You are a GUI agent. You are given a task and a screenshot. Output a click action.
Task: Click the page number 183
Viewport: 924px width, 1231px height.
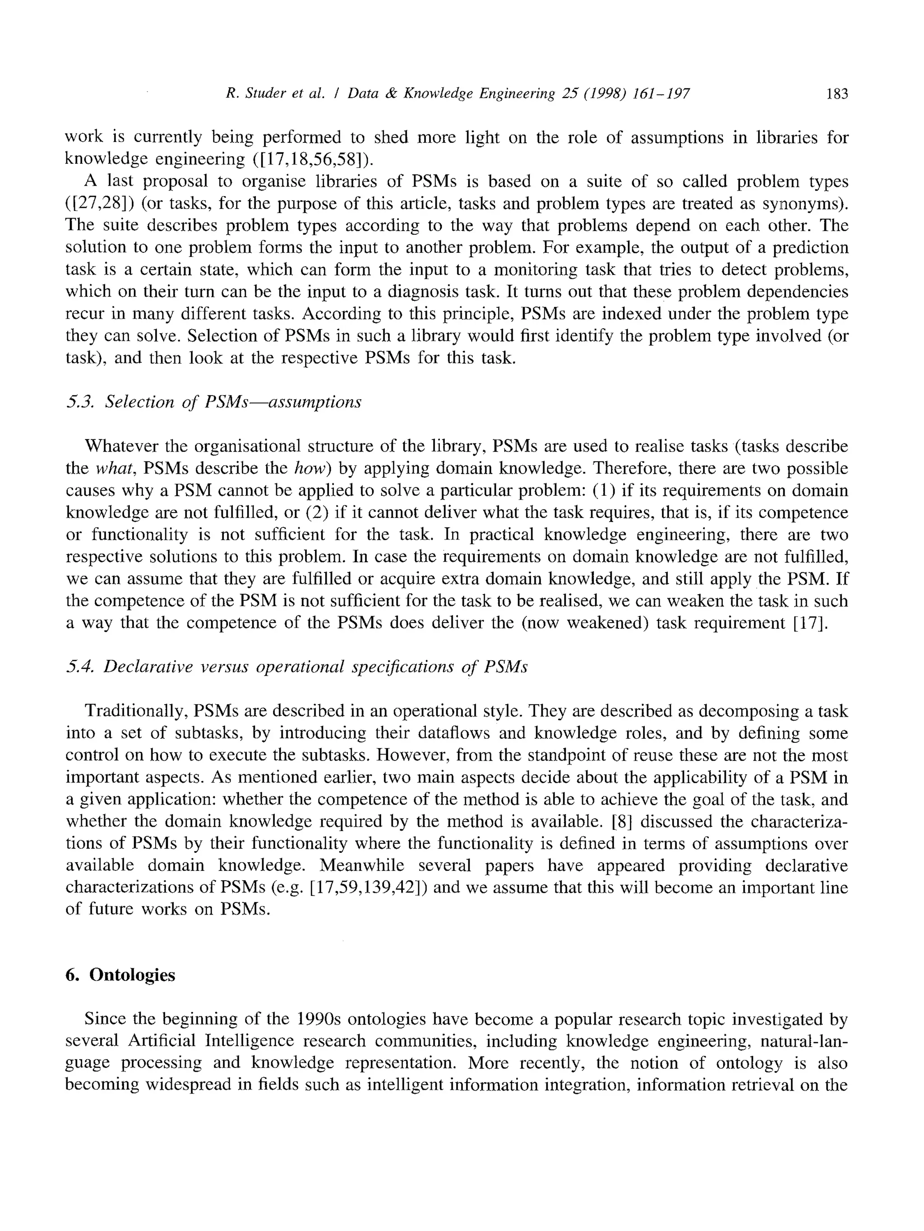pos(836,94)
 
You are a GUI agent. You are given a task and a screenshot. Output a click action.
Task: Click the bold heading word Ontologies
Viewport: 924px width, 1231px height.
pos(132,975)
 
